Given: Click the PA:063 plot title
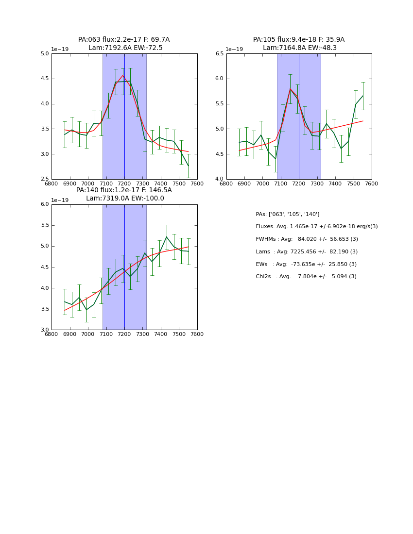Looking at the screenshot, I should pos(124,40).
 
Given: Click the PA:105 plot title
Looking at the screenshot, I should pos(298,40).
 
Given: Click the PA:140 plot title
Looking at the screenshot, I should pos(124,190).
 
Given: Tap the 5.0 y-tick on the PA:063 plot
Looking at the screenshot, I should pos(45,54).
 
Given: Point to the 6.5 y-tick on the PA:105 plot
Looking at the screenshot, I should pos(219,54).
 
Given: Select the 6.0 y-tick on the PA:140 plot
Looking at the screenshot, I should pos(45,204).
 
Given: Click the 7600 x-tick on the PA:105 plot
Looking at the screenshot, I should pos(371,184).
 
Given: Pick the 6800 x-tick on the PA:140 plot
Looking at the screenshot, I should pos(52,334).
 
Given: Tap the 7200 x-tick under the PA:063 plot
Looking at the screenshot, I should pos(124,184).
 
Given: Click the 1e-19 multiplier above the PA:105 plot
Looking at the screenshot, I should pos(234,49).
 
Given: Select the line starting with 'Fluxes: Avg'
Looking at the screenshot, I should pos(316,227).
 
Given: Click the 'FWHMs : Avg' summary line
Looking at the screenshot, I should pos(307,239).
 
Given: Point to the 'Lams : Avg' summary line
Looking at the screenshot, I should pos(307,252).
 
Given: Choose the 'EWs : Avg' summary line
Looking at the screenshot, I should pos(306,264).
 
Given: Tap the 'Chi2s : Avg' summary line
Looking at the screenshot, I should pos(306,277).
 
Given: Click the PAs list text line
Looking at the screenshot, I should pos(287,215).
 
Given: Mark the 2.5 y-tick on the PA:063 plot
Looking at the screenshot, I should pos(45,179).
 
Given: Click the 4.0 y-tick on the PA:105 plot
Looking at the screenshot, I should pos(219,179).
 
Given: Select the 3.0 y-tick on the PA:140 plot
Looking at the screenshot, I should pos(45,330).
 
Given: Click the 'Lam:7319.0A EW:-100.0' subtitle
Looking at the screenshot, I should pos(125,199).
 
